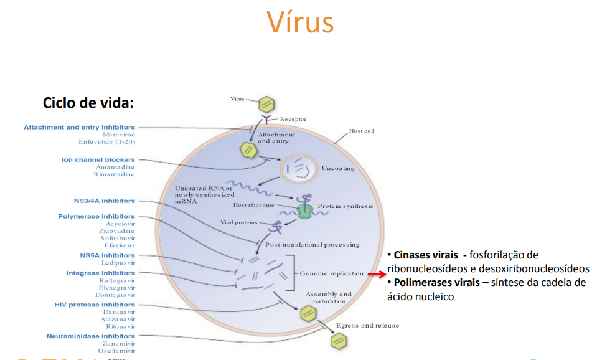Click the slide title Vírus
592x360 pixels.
pos(300,22)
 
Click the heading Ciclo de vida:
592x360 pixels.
pos(88,102)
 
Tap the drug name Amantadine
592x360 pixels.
pos(115,167)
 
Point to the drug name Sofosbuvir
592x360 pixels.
pos(118,238)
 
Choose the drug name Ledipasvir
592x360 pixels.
pos(118,263)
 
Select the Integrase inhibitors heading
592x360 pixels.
pos(101,273)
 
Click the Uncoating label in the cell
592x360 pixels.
pos(338,168)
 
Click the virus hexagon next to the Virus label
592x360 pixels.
pos(266,103)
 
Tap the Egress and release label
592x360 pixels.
pos(367,326)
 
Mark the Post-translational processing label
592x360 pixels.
pos(312,245)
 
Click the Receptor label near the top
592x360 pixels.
pos(293,119)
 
